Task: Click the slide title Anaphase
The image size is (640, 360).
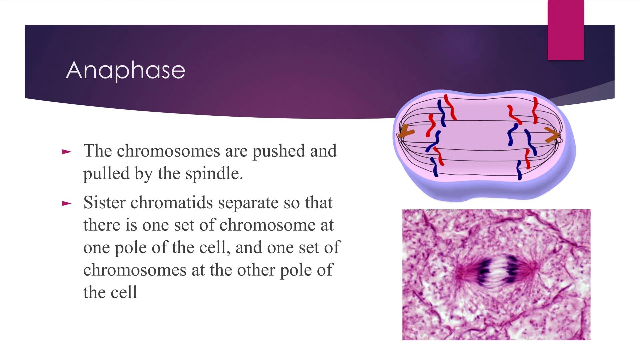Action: point(125,70)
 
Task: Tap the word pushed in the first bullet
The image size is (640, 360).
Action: point(279,151)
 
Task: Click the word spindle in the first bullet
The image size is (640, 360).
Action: point(214,174)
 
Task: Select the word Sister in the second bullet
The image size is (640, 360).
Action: point(104,202)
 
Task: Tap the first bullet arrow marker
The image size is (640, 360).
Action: point(67,152)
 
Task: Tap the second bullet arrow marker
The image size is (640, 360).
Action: point(67,203)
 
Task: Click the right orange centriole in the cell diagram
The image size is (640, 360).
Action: point(552,135)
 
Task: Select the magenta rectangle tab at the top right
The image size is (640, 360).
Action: point(566,30)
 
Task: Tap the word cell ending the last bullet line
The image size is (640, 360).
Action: point(123,292)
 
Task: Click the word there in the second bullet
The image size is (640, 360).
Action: point(102,225)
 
